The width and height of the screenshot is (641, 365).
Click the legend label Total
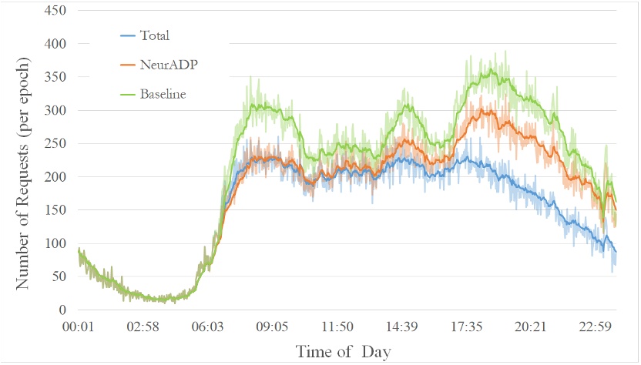(155, 35)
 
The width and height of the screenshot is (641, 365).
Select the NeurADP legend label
(165, 64)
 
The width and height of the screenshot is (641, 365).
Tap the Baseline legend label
(163, 93)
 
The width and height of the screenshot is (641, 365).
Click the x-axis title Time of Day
(344, 352)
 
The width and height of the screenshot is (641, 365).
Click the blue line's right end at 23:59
(616, 252)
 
